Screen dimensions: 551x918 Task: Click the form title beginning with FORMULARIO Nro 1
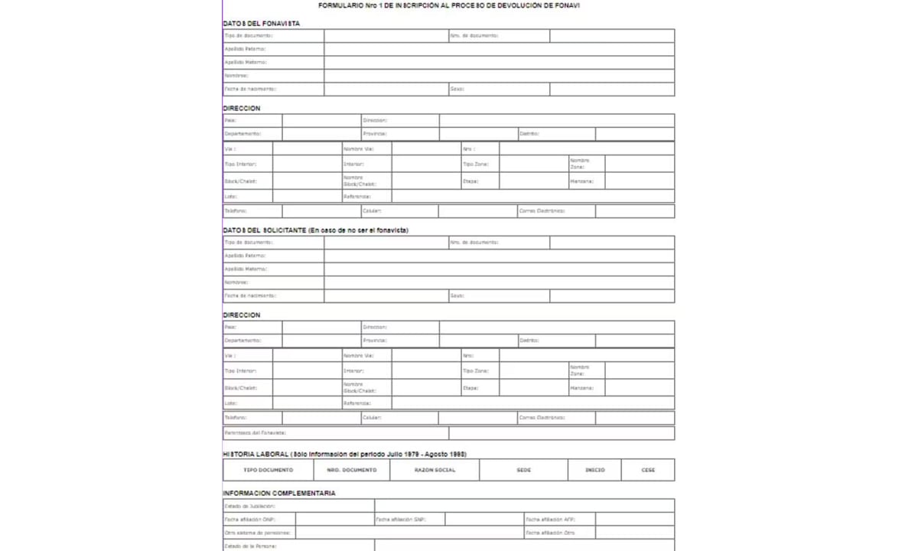pyautogui.click(x=449, y=6)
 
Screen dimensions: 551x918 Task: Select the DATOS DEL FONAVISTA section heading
pyautogui.click(x=262, y=23)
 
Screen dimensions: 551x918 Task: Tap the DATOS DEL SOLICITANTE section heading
pyautogui.click(x=315, y=230)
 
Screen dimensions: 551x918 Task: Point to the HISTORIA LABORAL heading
pyautogui.click(x=344, y=454)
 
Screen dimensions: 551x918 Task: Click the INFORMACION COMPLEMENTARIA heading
pyautogui.click(x=279, y=493)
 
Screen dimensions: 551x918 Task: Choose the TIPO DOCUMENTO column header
pyautogui.click(x=268, y=470)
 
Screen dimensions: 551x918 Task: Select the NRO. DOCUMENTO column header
pyautogui.click(x=351, y=470)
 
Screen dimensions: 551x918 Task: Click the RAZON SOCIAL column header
pyautogui.click(x=435, y=470)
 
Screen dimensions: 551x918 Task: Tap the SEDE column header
pyautogui.click(x=523, y=470)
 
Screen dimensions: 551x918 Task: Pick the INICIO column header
pyautogui.click(x=594, y=470)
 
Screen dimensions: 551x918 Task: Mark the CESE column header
pyautogui.click(x=648, y=470)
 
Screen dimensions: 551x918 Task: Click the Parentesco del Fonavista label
pyautogui.click(x=255, y=433)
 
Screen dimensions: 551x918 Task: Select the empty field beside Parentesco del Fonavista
pyautogui.click(x=561, y=433)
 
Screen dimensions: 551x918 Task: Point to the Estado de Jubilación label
pyautogui.click(x=249, y=506)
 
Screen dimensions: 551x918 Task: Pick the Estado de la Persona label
pyautogui.click(x=250, y=546)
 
